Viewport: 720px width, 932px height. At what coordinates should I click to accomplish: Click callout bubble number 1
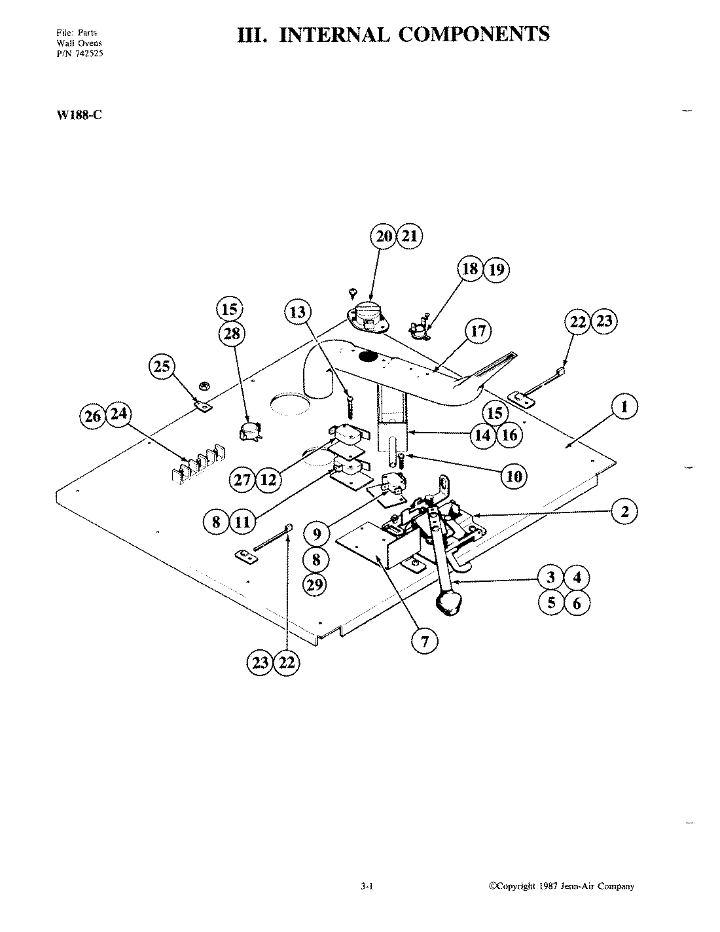click(x=624, y=408)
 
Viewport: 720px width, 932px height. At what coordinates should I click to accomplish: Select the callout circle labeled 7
click(x=425, y=641)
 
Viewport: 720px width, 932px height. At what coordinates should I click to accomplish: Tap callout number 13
click(x=298, y=313)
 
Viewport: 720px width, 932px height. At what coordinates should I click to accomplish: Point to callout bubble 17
click(x=478, y=331)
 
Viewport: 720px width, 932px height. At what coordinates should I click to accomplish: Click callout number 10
click(x=514, y=476)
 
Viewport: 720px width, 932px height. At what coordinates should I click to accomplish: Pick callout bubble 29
click(x=316, y=584)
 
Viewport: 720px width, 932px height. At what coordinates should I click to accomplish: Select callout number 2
click(x=624, y=511)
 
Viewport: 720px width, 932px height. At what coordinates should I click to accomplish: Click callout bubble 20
click(x=384, y=236)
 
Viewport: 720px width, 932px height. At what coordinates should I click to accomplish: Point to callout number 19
click(x=495, y=269)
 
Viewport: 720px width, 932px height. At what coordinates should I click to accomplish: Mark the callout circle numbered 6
click(x=577, y=603)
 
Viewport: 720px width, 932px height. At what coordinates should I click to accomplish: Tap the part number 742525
click(x=89, y=54)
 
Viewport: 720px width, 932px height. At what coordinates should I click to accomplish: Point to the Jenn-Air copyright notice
click(x=562, y=887)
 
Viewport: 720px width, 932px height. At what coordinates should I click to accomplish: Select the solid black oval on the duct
click(x=368, y=357)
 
